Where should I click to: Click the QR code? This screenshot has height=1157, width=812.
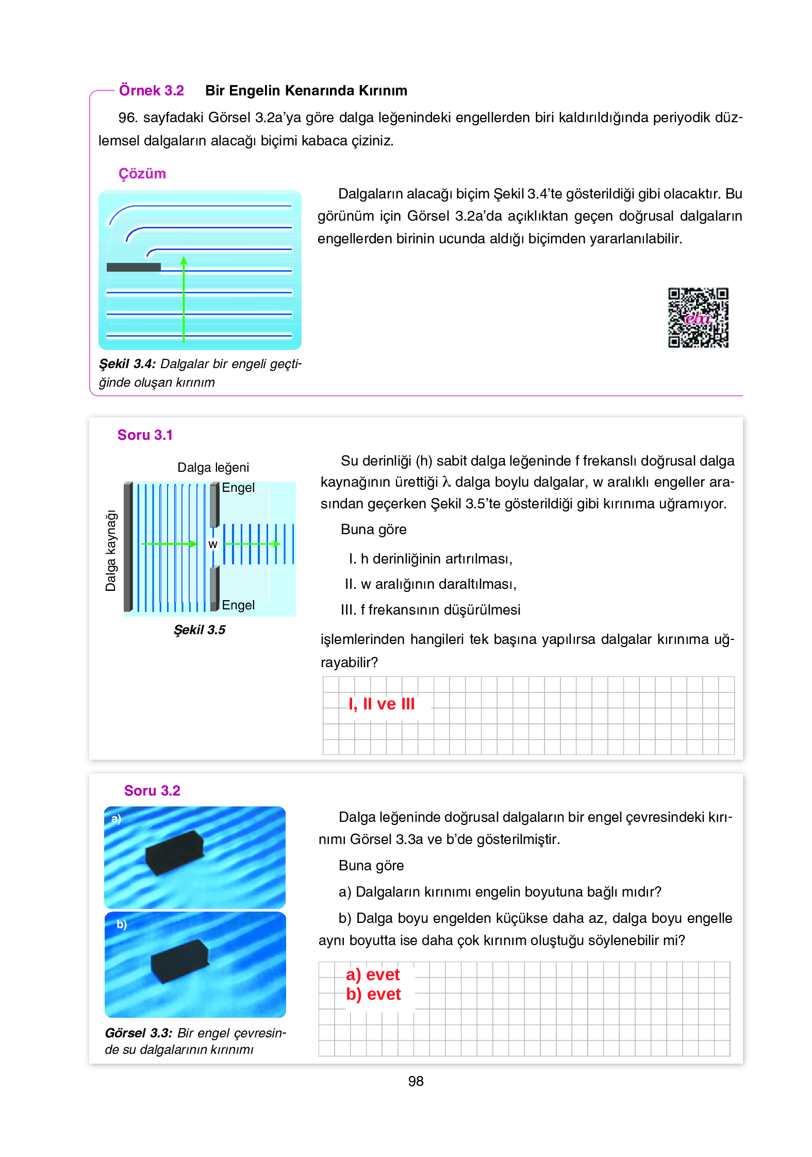pyautogui.click(x=698, y=317)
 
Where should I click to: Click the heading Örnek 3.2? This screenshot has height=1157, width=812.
pyautogui.click(x=151, y=91)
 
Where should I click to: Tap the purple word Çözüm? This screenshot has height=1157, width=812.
pyautogui.click(x=142, y=174)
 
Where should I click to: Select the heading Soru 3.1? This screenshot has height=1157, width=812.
pyautogui.click(x=145, y=435)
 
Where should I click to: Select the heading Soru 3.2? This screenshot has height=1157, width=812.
pyautogui.click(x=152, y=791)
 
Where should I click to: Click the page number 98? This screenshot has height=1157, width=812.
pyautogui.click(x=416, y=1081)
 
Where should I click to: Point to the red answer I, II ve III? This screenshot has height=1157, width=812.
pyautogui.click(x=382, y=704)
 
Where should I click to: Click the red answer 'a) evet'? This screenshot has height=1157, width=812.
pyautogui.click(x=373, y=975)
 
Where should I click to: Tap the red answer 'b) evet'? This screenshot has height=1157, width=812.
pyautogui.click(x=373, y=995)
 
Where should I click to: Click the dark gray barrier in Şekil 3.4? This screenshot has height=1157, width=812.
pyautogui.click(x=134, y=267)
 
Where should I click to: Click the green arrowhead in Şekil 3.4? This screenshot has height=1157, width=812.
pyautogui.click(x=184, y=260)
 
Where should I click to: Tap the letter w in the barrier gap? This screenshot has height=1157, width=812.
pyautogui.click(x=213, y=544)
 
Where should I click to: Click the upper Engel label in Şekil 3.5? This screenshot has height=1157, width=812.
pyautogui.click(x=238, y=488)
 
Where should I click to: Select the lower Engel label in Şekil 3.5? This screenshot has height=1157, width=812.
pyautogui.click(x=238, y=605)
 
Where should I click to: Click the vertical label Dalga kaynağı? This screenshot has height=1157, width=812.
pyautogui.click(x=111, y=551)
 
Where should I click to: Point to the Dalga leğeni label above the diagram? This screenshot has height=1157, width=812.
pyautogui.click(x=213, y=468)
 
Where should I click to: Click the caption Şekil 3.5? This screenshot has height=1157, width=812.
pyautogui.click(x=200, y=630)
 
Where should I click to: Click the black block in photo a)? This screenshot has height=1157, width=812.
pyautogui.click(x=174, y=852)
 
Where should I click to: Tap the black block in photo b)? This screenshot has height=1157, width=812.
pyautogui.click(x=180, y=961)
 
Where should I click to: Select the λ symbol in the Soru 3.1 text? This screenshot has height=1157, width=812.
pyautogui.click(x=446, y=483)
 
